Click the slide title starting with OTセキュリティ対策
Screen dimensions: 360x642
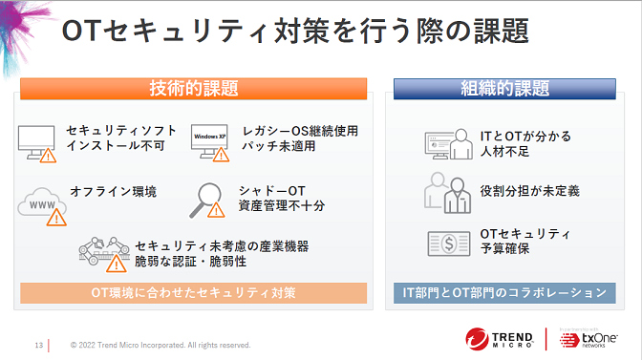pyautogui.click(x=296, y=32)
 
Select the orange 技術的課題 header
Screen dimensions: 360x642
pyautogui.click(x=194, y=89)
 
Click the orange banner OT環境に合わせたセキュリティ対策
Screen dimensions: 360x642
pyautogui.click(x=193, y=291)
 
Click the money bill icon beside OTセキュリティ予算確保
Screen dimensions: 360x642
pyautogui.click(x=445, y=243)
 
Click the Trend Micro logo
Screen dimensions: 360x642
pyautogui.click(x=503, y=340)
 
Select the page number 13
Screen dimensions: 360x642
pyautogui.click(x=38, y=345)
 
